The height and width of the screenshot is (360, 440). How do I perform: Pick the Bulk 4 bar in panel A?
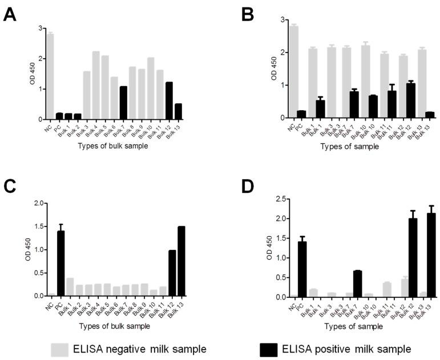pyautogui.click(x=96, y=86)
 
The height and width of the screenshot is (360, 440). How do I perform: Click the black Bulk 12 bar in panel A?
pyautogui.click(x=169, y=101)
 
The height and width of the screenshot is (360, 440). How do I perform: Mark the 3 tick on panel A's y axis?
pyautogui.click(x=40, y=28)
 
